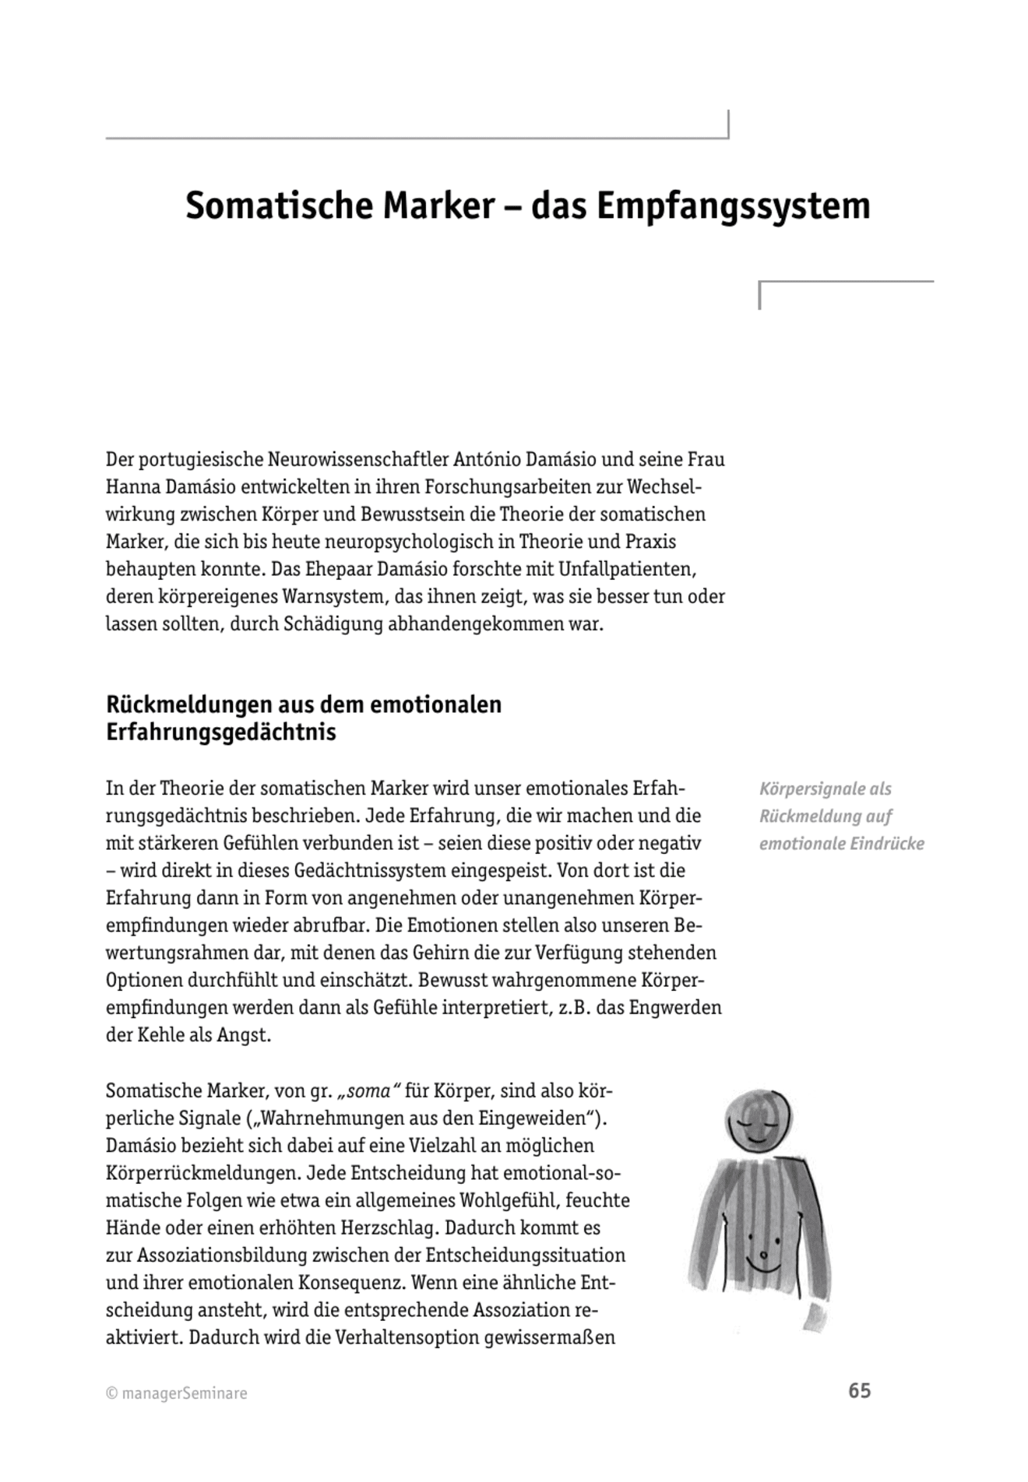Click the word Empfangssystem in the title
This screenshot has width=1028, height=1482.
[x=733, y=206]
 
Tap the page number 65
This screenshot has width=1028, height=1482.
[x=859, y=1390]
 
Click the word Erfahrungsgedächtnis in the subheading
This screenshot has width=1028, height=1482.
[x=220, y=732]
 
